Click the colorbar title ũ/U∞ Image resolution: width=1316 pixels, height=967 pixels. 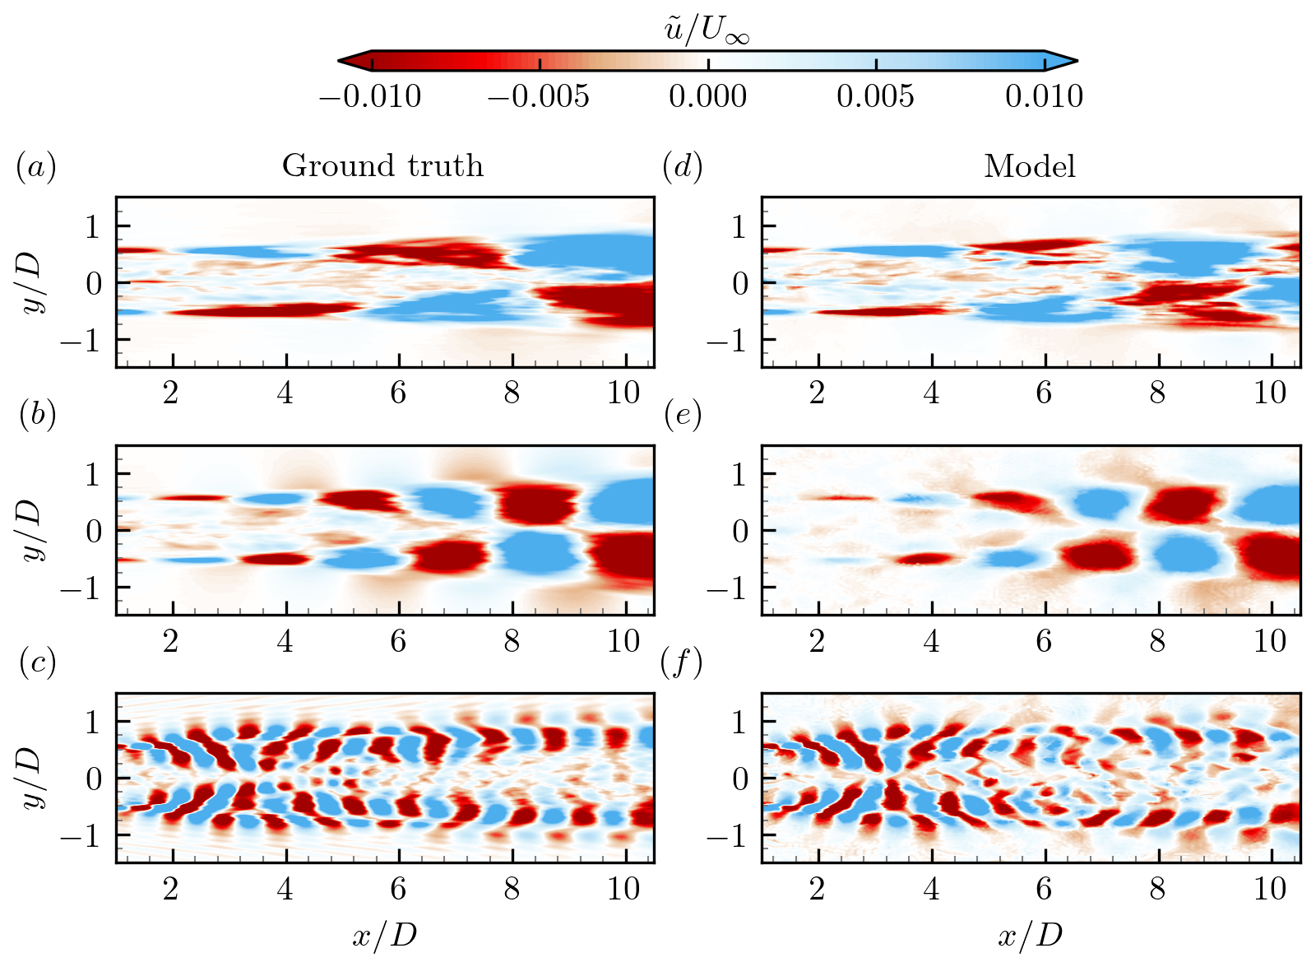tap(707, 31)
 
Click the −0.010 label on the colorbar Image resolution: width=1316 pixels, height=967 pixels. tap(370, 97)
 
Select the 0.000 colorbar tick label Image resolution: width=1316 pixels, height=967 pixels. tap(707, 97)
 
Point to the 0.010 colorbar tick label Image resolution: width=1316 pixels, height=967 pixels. tap(1044, 97)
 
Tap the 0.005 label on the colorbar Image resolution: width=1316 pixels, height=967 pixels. tap(875, 97)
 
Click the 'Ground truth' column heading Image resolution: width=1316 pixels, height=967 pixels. tap(382, 166)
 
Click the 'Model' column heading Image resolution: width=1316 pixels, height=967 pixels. tap(1030, 167)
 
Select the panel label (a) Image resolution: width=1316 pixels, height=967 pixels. tap(35, 168)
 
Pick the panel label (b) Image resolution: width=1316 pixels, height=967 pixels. tap(37, 416)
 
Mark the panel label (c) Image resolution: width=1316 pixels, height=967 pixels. tap(37, 663)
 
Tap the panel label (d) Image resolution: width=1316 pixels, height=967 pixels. tap(682, 168)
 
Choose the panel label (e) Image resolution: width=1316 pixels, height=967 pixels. tap(682, 416)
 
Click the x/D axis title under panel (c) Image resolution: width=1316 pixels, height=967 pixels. tap(384, 936)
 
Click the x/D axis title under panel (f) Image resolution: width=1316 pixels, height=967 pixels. tap(1030, 936)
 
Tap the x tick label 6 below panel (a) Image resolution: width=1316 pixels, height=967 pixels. tap(398, 393)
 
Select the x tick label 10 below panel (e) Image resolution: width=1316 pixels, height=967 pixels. tap(1269, 641)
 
